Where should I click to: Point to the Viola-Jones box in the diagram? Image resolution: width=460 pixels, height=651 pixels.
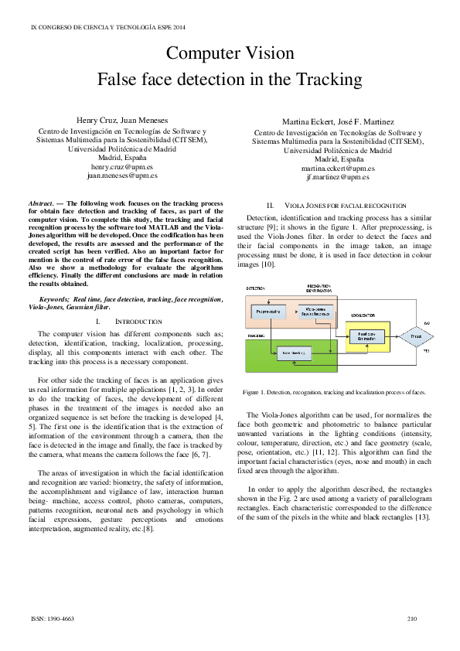(317, 311)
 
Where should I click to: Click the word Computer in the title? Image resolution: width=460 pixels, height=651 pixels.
(203, 53)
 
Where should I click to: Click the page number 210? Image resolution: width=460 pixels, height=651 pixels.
(411, 619)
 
